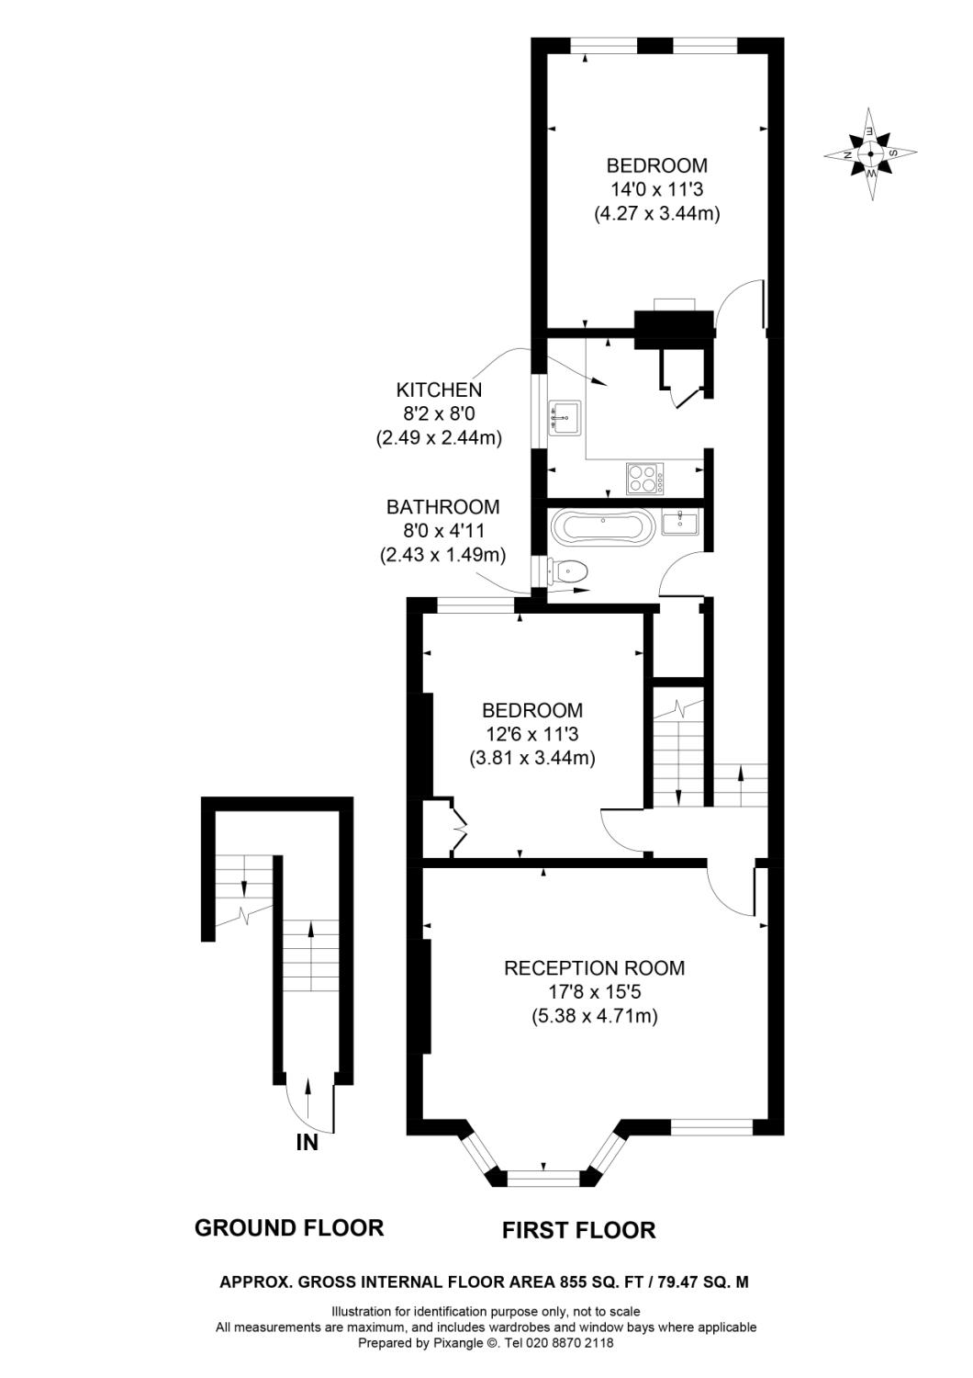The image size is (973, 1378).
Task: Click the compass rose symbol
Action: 870,153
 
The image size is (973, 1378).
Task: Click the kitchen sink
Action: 564,418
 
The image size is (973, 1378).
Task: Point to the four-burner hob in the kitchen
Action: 645,478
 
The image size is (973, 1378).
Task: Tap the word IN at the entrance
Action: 307,1143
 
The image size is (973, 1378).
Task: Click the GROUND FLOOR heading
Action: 289,1227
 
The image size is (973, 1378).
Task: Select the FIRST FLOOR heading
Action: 578,1230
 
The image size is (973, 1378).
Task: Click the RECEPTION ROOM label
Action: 594,967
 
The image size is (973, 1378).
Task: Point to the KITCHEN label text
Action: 439,390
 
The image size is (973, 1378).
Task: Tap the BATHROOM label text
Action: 442,506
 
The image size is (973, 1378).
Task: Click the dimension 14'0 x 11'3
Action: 656,189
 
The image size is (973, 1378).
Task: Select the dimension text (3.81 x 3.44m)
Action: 532,758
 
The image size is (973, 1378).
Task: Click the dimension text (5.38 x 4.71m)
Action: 594,1016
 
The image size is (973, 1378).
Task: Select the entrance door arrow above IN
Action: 308,1099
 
